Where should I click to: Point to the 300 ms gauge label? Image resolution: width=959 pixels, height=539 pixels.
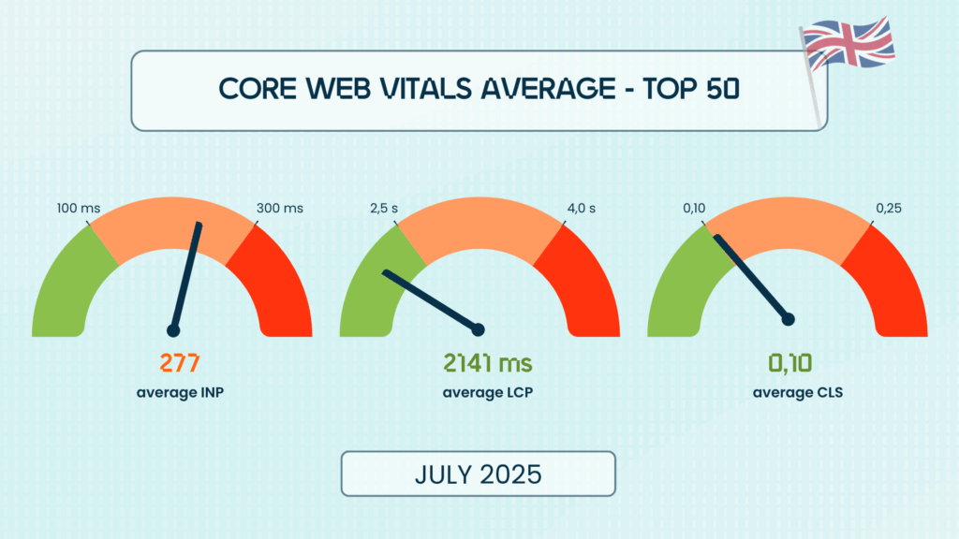pyautogui.click(x=279, y=207)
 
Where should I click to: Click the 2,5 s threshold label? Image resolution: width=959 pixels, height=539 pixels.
pyautogui.click(x=379, y=207)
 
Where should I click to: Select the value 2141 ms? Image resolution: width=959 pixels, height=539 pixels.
pyautogui.click(x=479, y=362)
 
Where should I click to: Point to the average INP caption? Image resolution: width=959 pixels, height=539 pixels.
pyautogui.click(x=179, y=392)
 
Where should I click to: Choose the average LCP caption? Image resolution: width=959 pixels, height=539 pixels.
pyautogui.click(x=479, y=392)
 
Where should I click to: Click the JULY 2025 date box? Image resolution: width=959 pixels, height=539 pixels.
pyautogui.click(x=478, y=473)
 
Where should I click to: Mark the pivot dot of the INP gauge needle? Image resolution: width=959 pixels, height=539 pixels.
pyautogui.click(x=172, y=329)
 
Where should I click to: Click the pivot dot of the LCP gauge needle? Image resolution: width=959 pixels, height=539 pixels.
pyautogui.click(x=479, y=329)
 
